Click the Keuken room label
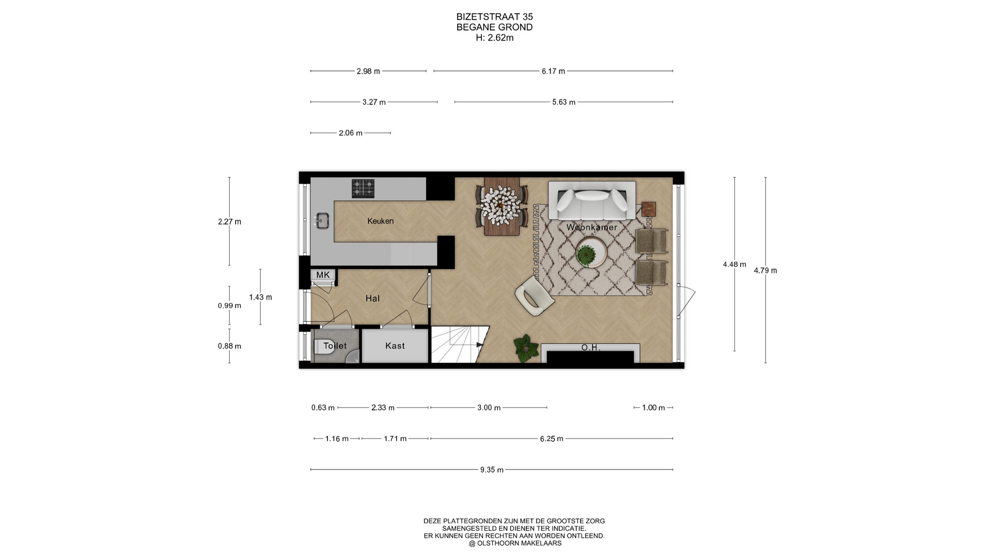point(380,221)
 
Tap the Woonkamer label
point(592,227)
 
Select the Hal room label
point(373,298)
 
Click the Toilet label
point(335,345)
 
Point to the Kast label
point(395,345)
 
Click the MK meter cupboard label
point(323,275)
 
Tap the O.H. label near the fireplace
point(591,347)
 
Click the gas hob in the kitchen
point(363,188)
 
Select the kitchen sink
point(322,221)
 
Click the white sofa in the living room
point(592,201)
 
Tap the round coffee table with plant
point(591,253)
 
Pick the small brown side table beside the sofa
point(648,209)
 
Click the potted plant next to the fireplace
point(526,347)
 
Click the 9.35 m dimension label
point(492,470)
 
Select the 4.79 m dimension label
point(765,270)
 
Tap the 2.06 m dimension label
point(350,133)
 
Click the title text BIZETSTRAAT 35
point(494,17)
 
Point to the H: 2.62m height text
point(494,37)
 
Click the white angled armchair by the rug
point(534,295)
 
